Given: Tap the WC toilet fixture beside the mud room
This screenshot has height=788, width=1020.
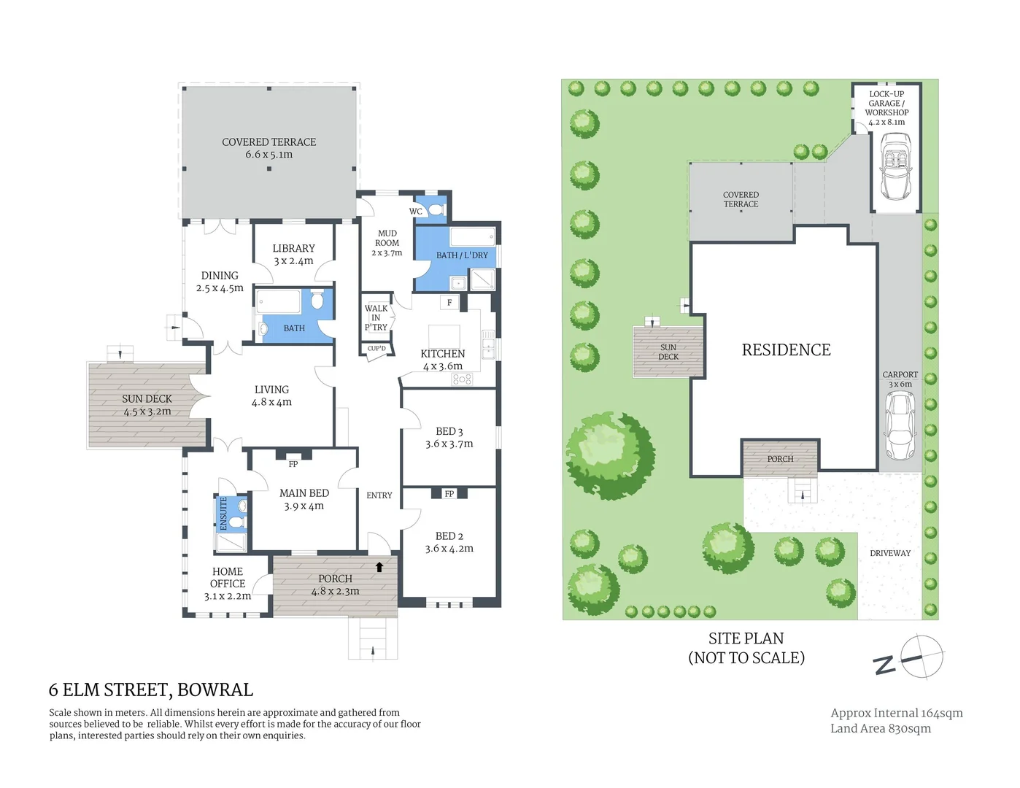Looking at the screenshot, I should click(x=436, y=210).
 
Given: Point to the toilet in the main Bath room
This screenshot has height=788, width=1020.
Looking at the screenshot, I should click(x=317, y=301).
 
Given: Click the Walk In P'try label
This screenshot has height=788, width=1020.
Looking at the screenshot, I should click(x=376, y=318).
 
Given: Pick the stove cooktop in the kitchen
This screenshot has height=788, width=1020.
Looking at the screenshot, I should click(x=463, y=379).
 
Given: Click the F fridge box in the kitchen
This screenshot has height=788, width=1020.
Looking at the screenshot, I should click(x=449, y=303).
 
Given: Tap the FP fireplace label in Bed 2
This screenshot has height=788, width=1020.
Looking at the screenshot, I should click(x=449, y=494).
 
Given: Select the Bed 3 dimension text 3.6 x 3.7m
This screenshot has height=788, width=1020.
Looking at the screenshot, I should click(x=449, y=444).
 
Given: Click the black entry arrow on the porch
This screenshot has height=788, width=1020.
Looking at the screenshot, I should click(x=379, y=566).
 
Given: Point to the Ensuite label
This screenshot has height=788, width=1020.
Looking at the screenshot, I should click(x=224, y=514).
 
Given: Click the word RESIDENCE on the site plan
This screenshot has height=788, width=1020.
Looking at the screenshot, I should click(x=786, y=350).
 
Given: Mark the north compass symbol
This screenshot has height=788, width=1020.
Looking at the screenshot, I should click(x=921, y=657).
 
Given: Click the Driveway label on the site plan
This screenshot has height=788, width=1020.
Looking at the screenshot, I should click(x=890, y=553).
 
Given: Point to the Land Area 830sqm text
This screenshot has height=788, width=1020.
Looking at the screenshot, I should click(x=880, y=728).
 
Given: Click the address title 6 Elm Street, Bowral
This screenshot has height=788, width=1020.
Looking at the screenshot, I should click(x=151, y=689).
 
